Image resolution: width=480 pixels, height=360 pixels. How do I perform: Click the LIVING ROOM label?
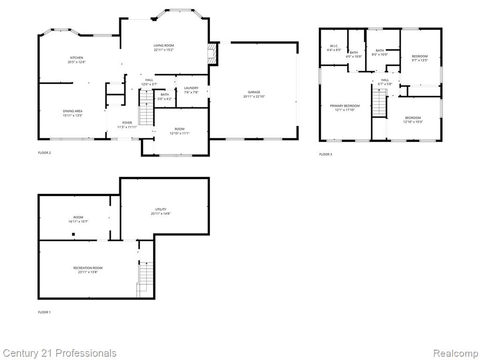(164, 45)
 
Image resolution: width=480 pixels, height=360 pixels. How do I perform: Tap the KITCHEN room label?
(76, 58)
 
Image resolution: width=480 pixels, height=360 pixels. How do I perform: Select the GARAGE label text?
(254, 92)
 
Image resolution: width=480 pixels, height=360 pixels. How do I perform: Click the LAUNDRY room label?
(191, 88)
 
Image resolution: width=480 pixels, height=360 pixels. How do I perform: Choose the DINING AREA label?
(73, 111)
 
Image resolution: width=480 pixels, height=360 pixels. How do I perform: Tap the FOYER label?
(127, 123)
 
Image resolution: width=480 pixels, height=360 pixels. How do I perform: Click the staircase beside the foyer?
(146, 107)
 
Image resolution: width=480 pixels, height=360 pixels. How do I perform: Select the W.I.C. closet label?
(334, 46)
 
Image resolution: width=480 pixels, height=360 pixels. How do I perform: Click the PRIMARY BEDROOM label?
(345, 106)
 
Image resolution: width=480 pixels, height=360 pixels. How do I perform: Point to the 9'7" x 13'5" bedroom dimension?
(420, 60)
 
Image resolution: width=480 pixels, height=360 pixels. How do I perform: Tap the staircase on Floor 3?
(379, 103)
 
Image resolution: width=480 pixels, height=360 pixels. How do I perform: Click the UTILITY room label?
(161, 210)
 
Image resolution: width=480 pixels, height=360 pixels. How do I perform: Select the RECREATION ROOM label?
(88, 268)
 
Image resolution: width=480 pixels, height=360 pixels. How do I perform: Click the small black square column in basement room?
(73, 234)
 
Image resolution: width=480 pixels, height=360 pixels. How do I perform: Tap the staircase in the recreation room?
(145, 279)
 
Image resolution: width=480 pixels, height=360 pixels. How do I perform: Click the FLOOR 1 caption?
(45, 312)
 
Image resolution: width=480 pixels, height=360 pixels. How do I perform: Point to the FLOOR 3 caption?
(326, 154)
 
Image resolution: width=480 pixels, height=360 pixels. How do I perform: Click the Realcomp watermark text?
(455, 353)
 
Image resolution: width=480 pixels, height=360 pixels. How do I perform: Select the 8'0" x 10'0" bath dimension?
(380, 54)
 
